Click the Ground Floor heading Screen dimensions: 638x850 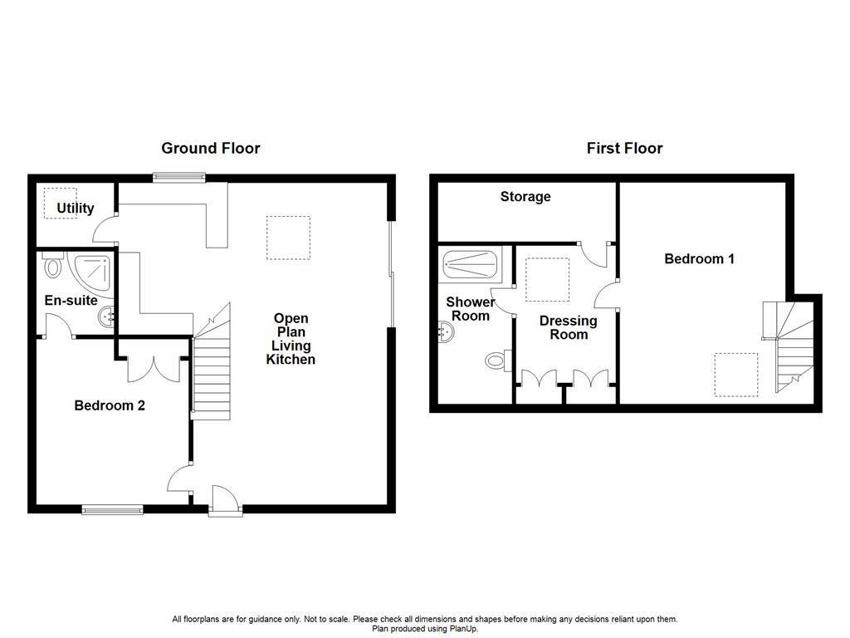point(210,149)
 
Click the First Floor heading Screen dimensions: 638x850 point(624,149)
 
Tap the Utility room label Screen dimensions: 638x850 point(76,209)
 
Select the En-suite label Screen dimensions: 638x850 point(71,301)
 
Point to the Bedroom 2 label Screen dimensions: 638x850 point(110,405)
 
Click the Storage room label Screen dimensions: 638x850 point(525,197)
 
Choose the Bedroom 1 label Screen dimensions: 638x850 point(699,259)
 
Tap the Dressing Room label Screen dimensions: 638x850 point(569,327)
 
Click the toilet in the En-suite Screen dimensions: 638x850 point(54,267)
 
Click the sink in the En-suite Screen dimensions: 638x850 point(108,316)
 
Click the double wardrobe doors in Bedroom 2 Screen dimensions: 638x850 point(154,369)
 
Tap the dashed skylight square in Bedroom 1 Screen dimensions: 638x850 point(736,375)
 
